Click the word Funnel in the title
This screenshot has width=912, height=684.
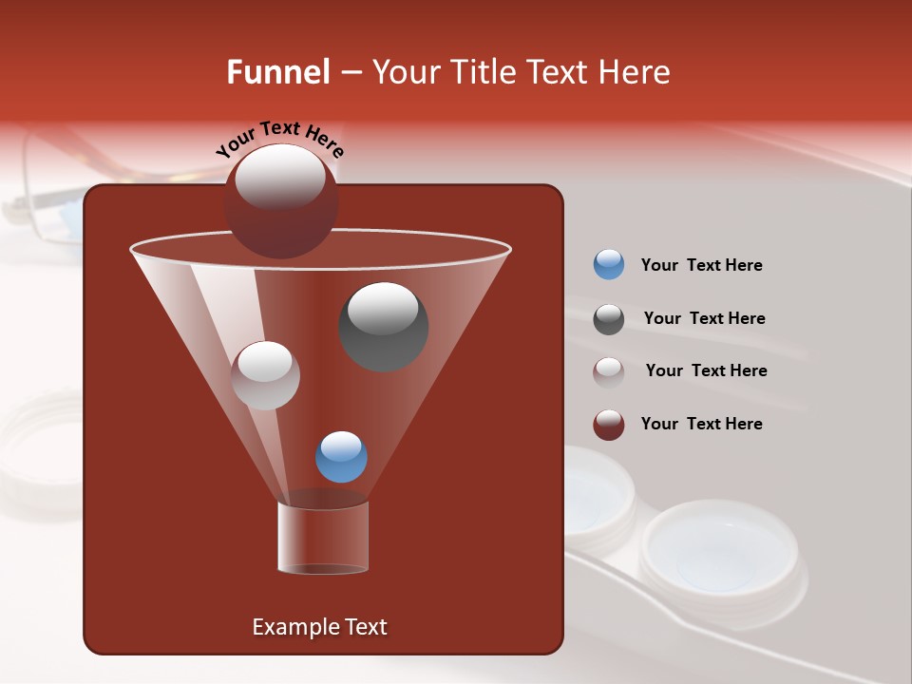(x=277, y=72)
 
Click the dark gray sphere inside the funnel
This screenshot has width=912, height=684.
(x=383, y=327)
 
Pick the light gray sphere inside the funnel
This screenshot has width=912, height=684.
(x=265, y=375)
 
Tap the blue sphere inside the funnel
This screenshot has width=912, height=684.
(x=341, y=457)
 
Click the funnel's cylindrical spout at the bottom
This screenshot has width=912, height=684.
(x=323, y=537)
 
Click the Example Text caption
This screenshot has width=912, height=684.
(x=319, y=627)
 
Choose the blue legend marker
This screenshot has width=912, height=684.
(x=609, y=265)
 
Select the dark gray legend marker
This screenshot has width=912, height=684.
(x=609, y=319)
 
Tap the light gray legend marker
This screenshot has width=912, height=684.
(x=609, y=371)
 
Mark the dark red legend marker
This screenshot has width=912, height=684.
(x=609, y=425)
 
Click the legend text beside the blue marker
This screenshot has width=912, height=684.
(x=701, y=265)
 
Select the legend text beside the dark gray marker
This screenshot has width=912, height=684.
(x=704, y=318)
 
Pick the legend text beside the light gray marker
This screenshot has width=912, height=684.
(x=706, y=370)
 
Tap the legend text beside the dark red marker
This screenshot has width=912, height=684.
(x=701, y=424)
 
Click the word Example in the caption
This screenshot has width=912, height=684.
(x=289, y=627)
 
